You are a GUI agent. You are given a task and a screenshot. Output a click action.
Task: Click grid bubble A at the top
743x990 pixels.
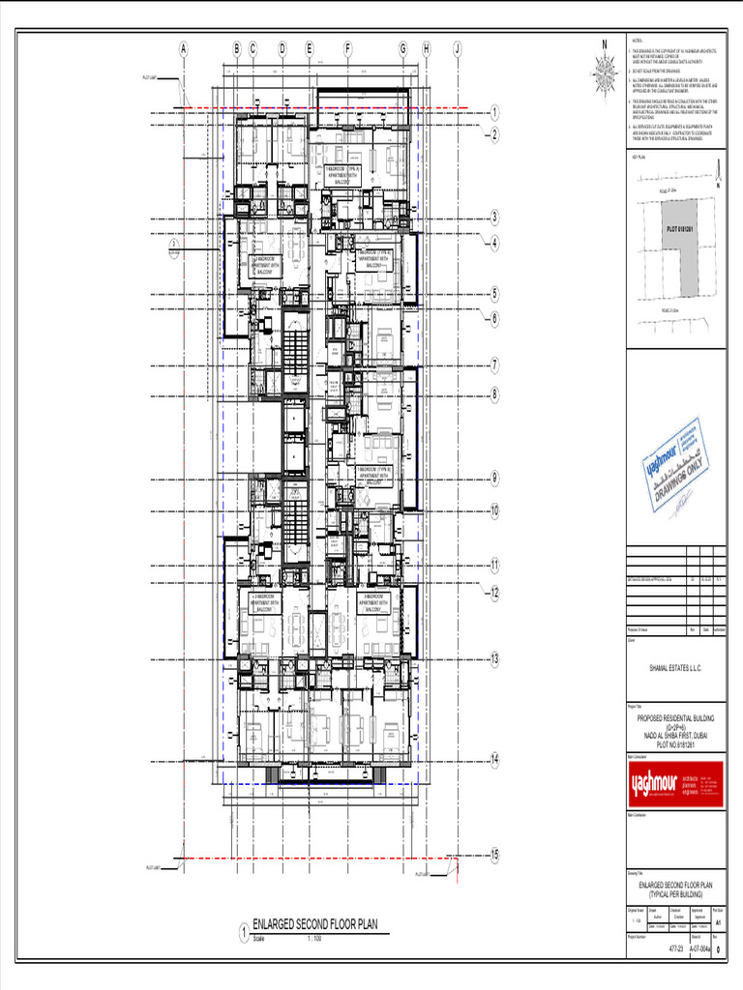coord(183,48)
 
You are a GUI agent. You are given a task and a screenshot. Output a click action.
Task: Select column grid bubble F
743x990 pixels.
coord(346,48)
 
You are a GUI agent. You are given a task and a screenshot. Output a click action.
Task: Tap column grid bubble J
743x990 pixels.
coord(457,48)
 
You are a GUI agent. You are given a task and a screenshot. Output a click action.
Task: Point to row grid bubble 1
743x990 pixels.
coord(494,112)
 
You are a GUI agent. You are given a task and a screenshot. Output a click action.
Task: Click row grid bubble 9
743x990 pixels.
coord(494,477)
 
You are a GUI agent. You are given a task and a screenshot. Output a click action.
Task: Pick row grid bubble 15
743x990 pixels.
coord(494,855)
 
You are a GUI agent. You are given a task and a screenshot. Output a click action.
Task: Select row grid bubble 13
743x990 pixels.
coord(494,659)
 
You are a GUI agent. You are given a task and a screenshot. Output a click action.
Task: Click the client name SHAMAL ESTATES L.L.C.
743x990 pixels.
coord(674,668)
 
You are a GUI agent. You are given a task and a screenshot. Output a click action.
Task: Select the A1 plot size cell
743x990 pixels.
coord(717,922)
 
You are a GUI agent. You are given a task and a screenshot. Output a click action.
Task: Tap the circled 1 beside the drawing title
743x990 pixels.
coord(244,934)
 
